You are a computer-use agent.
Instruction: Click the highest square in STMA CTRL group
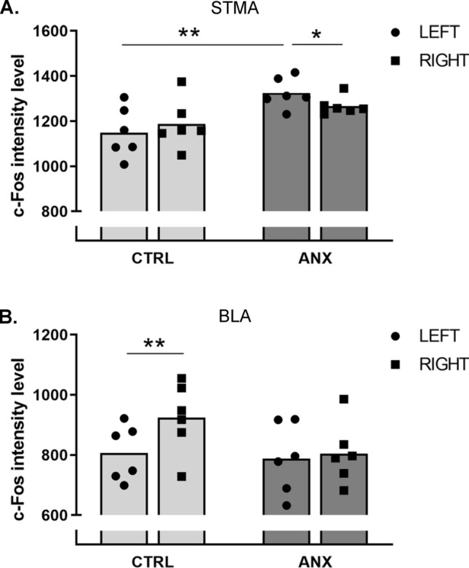coord(182,81)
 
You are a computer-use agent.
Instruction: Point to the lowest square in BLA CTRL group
coord(183,476)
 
